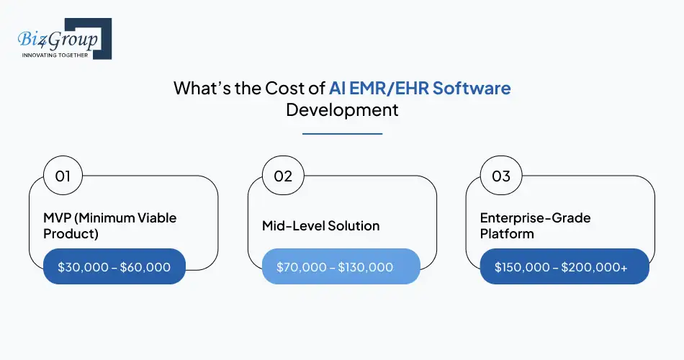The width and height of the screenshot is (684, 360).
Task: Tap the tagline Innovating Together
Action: (55, 55)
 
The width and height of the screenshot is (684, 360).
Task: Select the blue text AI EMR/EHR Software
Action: (420, 89)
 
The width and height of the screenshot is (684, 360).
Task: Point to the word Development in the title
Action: (342, 110)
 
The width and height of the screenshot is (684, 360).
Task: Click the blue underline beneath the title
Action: (342, 132)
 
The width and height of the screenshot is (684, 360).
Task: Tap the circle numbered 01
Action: (63, 176)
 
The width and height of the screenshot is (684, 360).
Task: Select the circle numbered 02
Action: (282, 176)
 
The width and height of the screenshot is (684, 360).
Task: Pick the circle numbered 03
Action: (500, 176)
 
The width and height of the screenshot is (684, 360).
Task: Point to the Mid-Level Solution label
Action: (320, 225)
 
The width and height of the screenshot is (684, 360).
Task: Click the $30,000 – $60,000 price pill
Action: (114, 267)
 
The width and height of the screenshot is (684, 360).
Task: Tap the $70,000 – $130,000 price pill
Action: (341, 267)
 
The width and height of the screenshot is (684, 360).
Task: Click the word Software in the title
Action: (474, 89)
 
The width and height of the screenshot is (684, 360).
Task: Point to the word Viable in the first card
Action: (158, 217)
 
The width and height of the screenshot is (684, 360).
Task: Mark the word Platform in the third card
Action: (507, 234)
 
